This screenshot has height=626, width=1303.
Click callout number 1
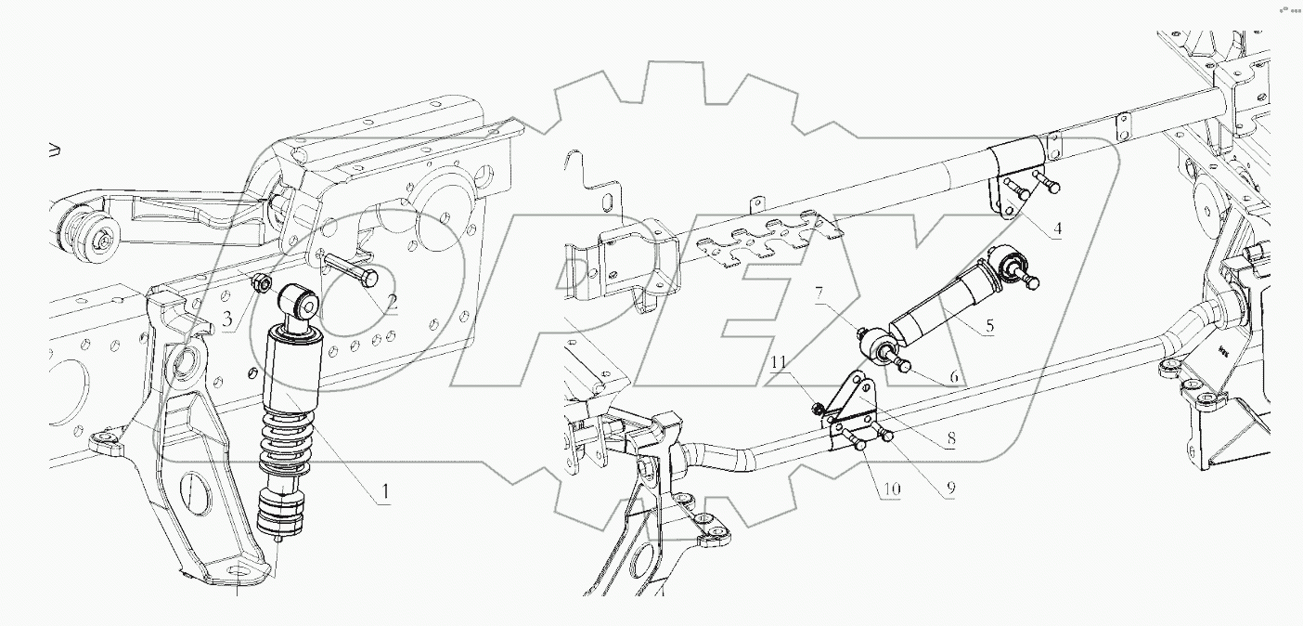[381, 492]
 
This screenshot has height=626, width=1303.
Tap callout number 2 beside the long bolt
[393, 302]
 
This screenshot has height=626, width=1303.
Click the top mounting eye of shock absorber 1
[299, 302]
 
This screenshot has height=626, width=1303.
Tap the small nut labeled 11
[818, 406]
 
